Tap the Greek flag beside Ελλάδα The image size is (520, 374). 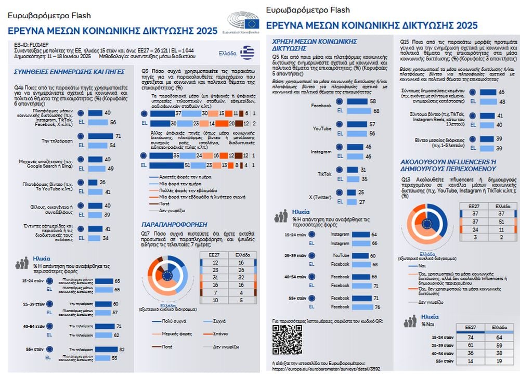(x=247, y=53)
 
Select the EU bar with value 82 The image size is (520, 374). (x=107, y=350)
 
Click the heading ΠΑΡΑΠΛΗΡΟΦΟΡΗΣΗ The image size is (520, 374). (x=174, y=224)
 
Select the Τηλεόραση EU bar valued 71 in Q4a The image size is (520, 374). (x=103, y=136)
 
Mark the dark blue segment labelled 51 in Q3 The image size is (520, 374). (x=167, y=165)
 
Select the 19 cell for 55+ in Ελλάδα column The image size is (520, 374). (x=499, y=360)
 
